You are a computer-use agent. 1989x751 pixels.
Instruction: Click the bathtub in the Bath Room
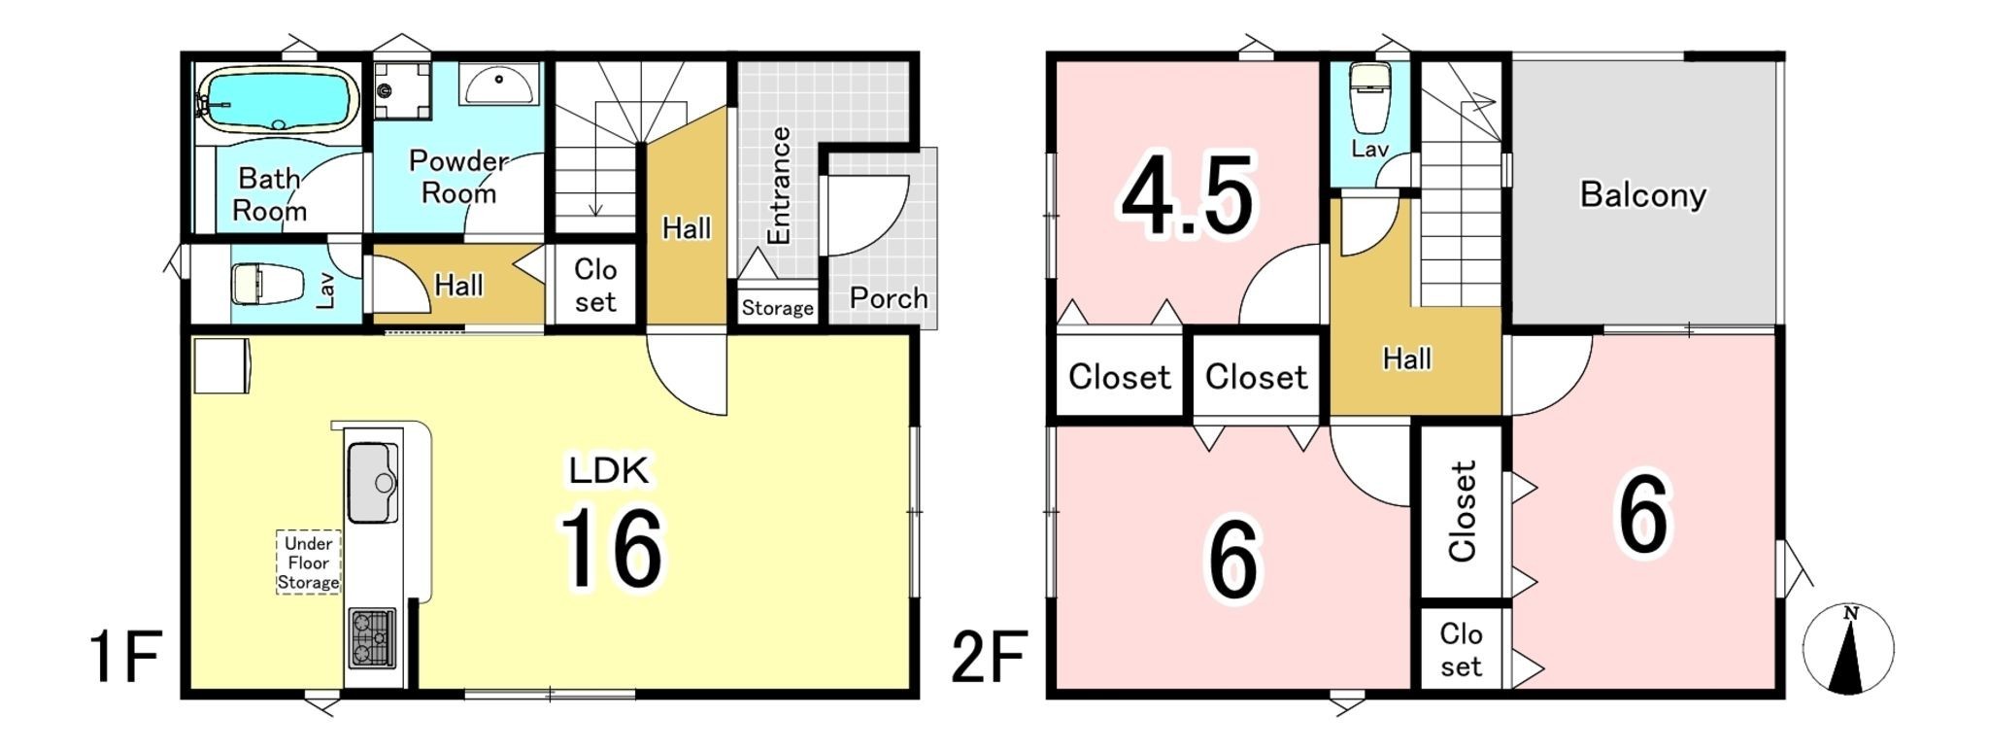[x=277, y=99]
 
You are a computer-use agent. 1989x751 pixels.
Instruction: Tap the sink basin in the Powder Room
[x=498, y=85]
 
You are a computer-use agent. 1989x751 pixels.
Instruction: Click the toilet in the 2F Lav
[x=1369, y=99]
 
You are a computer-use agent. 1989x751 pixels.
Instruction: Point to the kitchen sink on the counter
[x=373, y=483]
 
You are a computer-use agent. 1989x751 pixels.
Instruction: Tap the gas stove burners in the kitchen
[x=372, y=637]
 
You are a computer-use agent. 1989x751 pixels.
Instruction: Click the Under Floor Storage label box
[x=309, y=563]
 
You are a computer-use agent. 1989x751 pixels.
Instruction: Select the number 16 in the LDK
[x=611, y=549]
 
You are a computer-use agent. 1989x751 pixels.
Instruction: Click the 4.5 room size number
[x=1189, y=195]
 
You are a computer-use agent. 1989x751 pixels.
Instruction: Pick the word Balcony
[x=1642, y=195]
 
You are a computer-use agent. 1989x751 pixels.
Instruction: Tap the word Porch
[x=888, y=297]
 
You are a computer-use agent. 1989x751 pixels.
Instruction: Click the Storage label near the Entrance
[x=777, y=308]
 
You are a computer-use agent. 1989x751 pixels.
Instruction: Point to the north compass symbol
[x=1848, y=649]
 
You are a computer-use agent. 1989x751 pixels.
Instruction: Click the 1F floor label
[x=124, y=657]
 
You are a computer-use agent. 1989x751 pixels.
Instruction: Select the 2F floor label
[x=989, y=657]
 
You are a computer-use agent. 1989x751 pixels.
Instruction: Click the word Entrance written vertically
[x=779, y=185]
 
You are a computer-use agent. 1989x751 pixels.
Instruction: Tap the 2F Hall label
[x=1407, y=359]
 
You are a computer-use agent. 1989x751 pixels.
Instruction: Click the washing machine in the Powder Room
[x=402, y=90]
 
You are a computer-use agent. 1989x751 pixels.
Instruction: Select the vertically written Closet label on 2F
[x=1462, y=511]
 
